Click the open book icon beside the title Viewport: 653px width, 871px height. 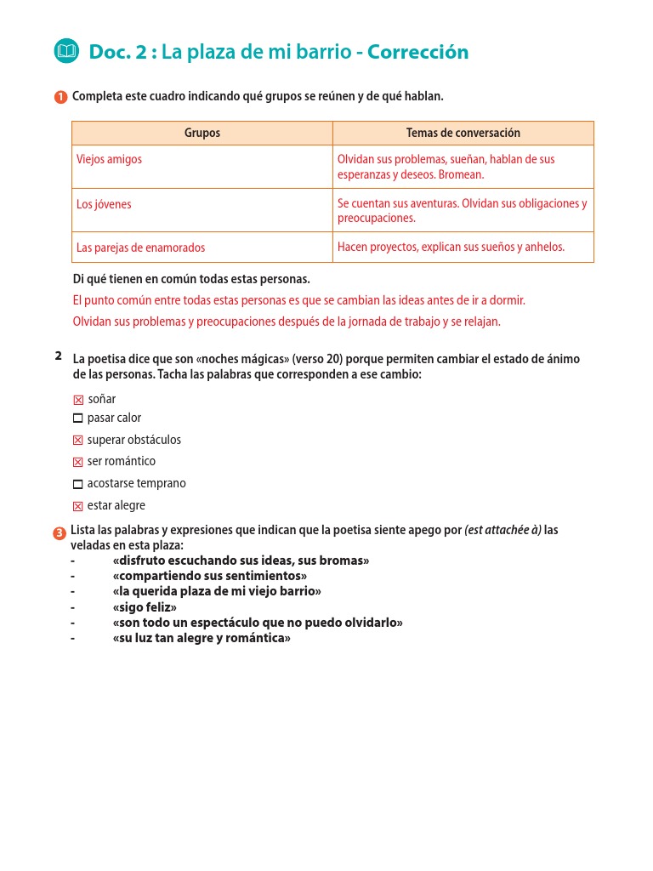65,52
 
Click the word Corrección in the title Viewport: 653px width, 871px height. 417,52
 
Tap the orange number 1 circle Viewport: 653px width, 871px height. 60,97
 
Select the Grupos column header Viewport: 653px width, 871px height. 202,133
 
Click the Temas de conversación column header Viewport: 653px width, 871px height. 463,133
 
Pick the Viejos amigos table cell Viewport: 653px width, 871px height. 202,167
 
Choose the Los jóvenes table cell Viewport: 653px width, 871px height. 202,210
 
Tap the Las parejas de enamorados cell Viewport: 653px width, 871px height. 202,248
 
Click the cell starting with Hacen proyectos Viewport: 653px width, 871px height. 463,247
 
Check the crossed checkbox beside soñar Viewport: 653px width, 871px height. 78,400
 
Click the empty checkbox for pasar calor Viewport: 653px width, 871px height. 78,418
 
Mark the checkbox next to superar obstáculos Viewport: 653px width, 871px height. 78,441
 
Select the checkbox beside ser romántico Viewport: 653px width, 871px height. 78,462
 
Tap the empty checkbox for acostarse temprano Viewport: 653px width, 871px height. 78,484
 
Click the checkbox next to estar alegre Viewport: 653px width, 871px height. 78,506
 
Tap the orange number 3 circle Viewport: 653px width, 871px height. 60,533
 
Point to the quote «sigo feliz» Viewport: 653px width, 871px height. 145,607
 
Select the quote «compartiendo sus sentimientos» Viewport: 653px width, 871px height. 209,576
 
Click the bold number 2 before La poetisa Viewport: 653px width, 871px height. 58,356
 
